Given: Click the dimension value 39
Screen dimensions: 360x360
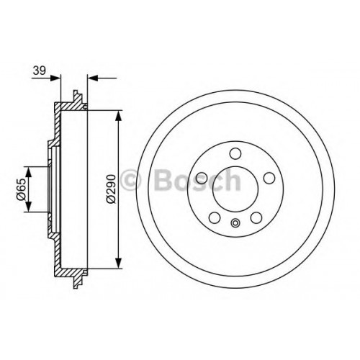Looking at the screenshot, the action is pos(40,71).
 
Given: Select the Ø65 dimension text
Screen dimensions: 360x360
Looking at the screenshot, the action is pos(21,189).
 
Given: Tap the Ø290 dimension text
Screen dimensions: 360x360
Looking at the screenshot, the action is pos(111,189).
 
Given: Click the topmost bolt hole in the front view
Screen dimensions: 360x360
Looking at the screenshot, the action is pos(235,153).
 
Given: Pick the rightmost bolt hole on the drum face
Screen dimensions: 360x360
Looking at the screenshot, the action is pos(269,178).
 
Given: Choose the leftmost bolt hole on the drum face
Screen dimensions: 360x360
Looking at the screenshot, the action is pos(202,178).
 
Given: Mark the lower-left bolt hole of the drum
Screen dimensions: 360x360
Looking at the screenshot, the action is pos(215,217).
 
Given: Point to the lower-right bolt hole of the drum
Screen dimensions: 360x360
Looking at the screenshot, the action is pos(256,217).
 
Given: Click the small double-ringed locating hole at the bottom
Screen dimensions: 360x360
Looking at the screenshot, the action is pos(235,223).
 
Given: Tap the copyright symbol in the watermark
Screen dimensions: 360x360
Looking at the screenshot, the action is pos(130,180).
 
